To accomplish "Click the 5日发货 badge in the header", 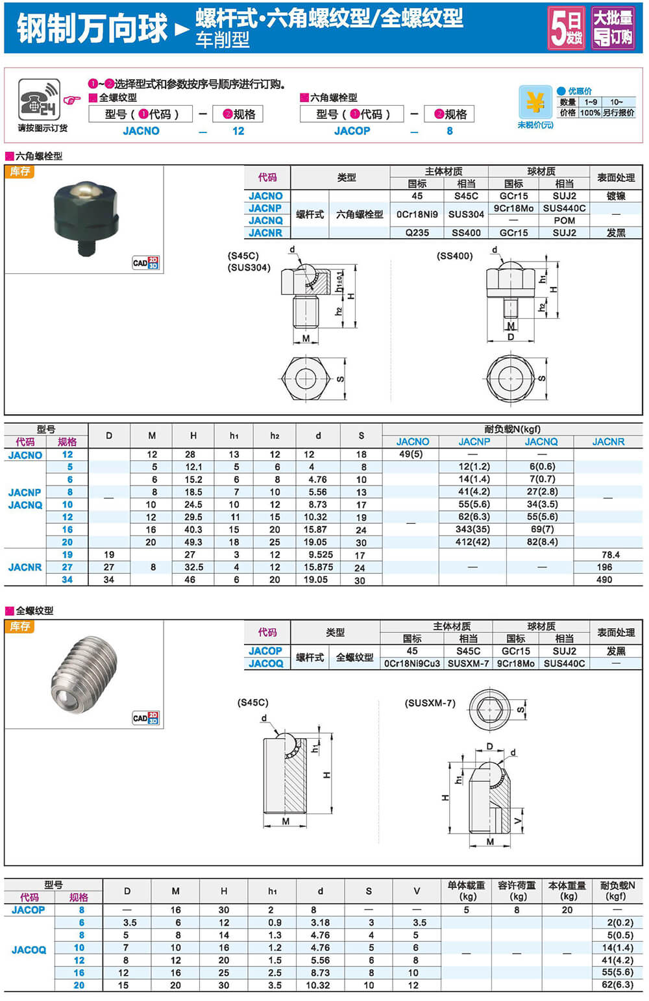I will (566, 27).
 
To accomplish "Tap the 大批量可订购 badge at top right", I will (613, 27).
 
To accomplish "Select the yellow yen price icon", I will (535, 103).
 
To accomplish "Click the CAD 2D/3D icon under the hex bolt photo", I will (145, 263).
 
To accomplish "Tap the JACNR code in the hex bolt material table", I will (265, 232).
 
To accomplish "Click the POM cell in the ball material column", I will (564, 220).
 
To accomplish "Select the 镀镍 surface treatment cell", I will (615, 195).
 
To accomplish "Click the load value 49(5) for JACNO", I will (411, 454).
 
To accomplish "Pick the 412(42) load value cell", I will (472, 541).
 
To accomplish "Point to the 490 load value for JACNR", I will (604, 579).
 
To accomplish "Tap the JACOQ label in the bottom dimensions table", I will (29, 950).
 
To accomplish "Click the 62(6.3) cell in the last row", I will (617, 985).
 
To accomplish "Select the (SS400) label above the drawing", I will (454, 256).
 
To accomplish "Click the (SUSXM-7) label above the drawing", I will (430, 703).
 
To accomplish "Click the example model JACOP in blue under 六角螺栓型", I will (352, 130).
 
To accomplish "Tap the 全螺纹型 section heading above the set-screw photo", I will (34, 610).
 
